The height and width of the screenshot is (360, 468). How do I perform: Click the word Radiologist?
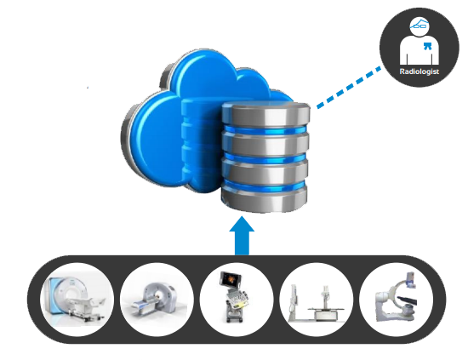pos(419,71)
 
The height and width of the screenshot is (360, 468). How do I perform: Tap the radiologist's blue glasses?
pos(420,25)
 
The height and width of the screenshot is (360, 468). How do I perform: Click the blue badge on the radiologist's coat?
pos(427,46)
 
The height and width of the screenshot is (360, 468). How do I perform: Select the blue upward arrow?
pos(242,236)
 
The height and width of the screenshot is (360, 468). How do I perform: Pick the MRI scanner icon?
pos(75,300)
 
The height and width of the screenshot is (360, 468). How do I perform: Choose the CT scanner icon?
pos(155,300)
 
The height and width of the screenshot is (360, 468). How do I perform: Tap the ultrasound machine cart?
pos(235,297)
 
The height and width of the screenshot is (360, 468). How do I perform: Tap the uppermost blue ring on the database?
pos(265,130)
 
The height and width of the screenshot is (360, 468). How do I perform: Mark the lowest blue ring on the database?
pos(265,185)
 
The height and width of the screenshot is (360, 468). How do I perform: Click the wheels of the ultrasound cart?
pos(235,319)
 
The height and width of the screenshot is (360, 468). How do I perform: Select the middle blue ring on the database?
pos(265,158)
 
